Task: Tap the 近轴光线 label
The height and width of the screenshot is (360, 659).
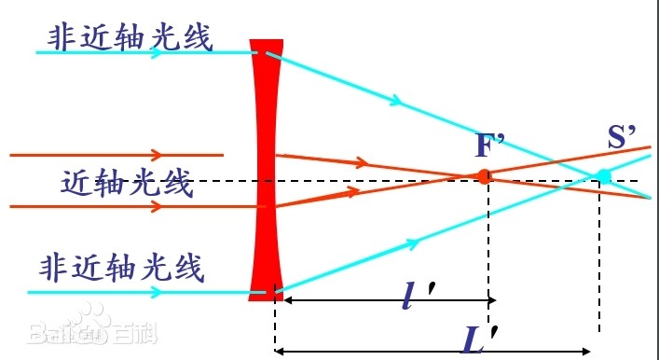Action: coord(129,182)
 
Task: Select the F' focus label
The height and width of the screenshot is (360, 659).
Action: coord(489,145)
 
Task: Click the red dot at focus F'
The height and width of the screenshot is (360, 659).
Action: coord(484,175)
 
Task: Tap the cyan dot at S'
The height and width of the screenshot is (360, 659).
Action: coord(603,175)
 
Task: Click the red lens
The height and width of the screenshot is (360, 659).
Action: coord(267,168)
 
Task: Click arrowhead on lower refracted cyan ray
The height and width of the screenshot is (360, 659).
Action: coord(410,243)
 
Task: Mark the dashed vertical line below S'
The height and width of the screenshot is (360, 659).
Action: coord(599,261)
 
